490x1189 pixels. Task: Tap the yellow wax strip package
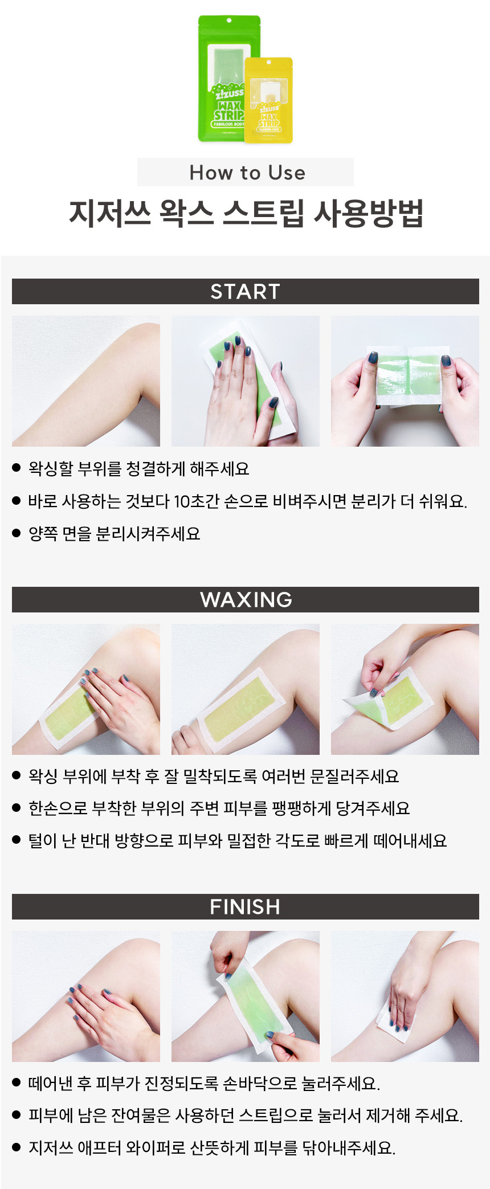click(268, 100)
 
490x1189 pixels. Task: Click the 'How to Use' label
click(247, 172)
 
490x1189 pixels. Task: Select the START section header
click(245, 291)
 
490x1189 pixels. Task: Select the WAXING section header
click(245, 599)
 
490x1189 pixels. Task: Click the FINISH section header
click(245, 906)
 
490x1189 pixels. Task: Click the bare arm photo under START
click(86, 381)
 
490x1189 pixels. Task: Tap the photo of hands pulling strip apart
click(405, 381)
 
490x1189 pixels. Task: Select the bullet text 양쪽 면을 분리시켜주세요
click(115, 534)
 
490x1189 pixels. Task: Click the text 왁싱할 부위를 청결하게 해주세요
click(139, 469)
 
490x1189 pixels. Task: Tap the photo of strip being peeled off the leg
click(405, 689)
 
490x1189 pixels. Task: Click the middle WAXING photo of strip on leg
click(246, 689)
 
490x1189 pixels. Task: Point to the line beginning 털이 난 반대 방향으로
click(238, 841)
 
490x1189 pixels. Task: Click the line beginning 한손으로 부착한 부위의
click(219, 808)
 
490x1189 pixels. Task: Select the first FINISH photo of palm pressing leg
click(86, 996)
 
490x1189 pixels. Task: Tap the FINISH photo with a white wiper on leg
click(405, 996)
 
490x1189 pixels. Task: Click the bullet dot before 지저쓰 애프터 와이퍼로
click(17, 1147)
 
